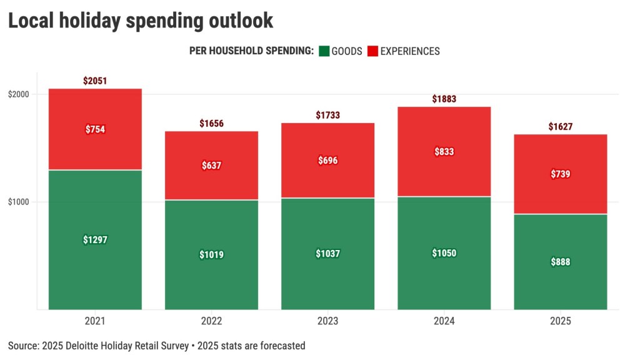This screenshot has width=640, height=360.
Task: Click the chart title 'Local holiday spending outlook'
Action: pos(140,20)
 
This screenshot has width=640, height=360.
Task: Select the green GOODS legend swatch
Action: pos(324,51)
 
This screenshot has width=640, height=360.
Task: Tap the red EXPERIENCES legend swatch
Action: pos(372,51)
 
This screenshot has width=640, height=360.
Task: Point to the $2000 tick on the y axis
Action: pos(18,94)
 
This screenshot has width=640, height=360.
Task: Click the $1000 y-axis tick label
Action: pos(18,202)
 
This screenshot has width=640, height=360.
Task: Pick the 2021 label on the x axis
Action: pos(95,321)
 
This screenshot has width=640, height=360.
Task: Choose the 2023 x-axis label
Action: pos(327,321)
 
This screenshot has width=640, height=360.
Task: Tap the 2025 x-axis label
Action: pos(560,321)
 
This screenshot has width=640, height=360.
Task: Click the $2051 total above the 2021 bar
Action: pos(95,81)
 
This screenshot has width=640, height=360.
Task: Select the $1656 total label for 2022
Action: pos(211,124)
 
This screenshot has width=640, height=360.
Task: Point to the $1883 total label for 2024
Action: pos(444,99)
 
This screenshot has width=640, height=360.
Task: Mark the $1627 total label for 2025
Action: pos(560,127)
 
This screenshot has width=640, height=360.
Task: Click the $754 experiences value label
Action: pos(95,129)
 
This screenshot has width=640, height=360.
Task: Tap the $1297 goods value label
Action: pos(95,239)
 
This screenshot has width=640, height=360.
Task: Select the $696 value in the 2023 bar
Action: pos(327,161)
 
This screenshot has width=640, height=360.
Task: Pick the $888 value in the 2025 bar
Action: pos(560,262)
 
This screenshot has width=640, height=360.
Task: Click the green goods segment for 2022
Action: pos(211,281)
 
